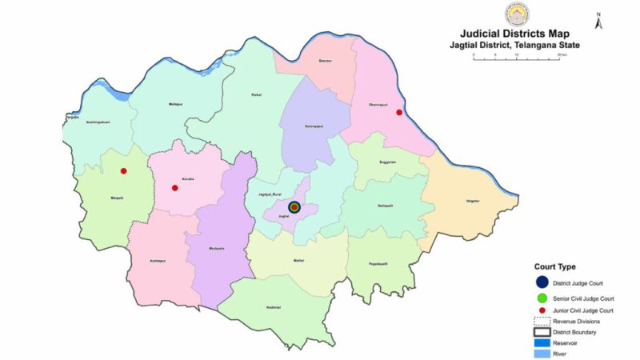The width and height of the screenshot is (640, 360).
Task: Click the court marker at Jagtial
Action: point(294,206)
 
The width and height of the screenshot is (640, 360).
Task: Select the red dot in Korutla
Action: point(174,188)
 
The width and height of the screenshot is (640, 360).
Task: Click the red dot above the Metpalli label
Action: point(123,171)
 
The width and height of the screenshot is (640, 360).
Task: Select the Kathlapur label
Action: point(158,259)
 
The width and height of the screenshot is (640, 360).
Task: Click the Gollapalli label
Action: point(386,205)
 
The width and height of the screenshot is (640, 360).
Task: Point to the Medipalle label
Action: point(216,247)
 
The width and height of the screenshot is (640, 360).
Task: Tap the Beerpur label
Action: point(325,61)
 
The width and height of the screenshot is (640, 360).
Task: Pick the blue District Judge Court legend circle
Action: point(542,282)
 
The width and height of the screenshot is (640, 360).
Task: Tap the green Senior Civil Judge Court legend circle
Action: point(542,298)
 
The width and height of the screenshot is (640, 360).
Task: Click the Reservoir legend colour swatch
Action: point(542,342)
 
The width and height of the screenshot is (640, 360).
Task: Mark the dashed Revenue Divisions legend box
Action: point(542,320)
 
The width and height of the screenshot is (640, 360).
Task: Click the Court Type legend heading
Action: point(555,266)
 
